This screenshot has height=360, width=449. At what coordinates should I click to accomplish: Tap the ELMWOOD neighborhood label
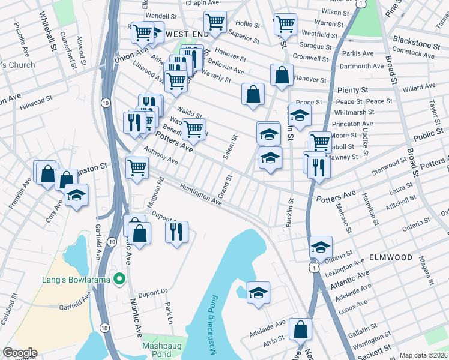tap(390, 257)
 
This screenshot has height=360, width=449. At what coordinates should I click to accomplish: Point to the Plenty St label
tap(355, 89)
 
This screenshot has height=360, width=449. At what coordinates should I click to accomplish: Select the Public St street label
tap(427, 136)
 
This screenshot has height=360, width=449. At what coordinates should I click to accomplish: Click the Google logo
tap(19, 352)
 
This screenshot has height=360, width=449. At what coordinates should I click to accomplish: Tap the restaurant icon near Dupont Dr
tap(176, 231)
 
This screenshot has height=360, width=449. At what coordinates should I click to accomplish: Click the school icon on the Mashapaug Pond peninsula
tap(258, 292)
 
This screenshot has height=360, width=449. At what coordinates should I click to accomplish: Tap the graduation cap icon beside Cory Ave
tap(76, 196)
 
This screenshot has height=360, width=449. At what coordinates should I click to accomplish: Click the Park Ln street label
tap(169, 313)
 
